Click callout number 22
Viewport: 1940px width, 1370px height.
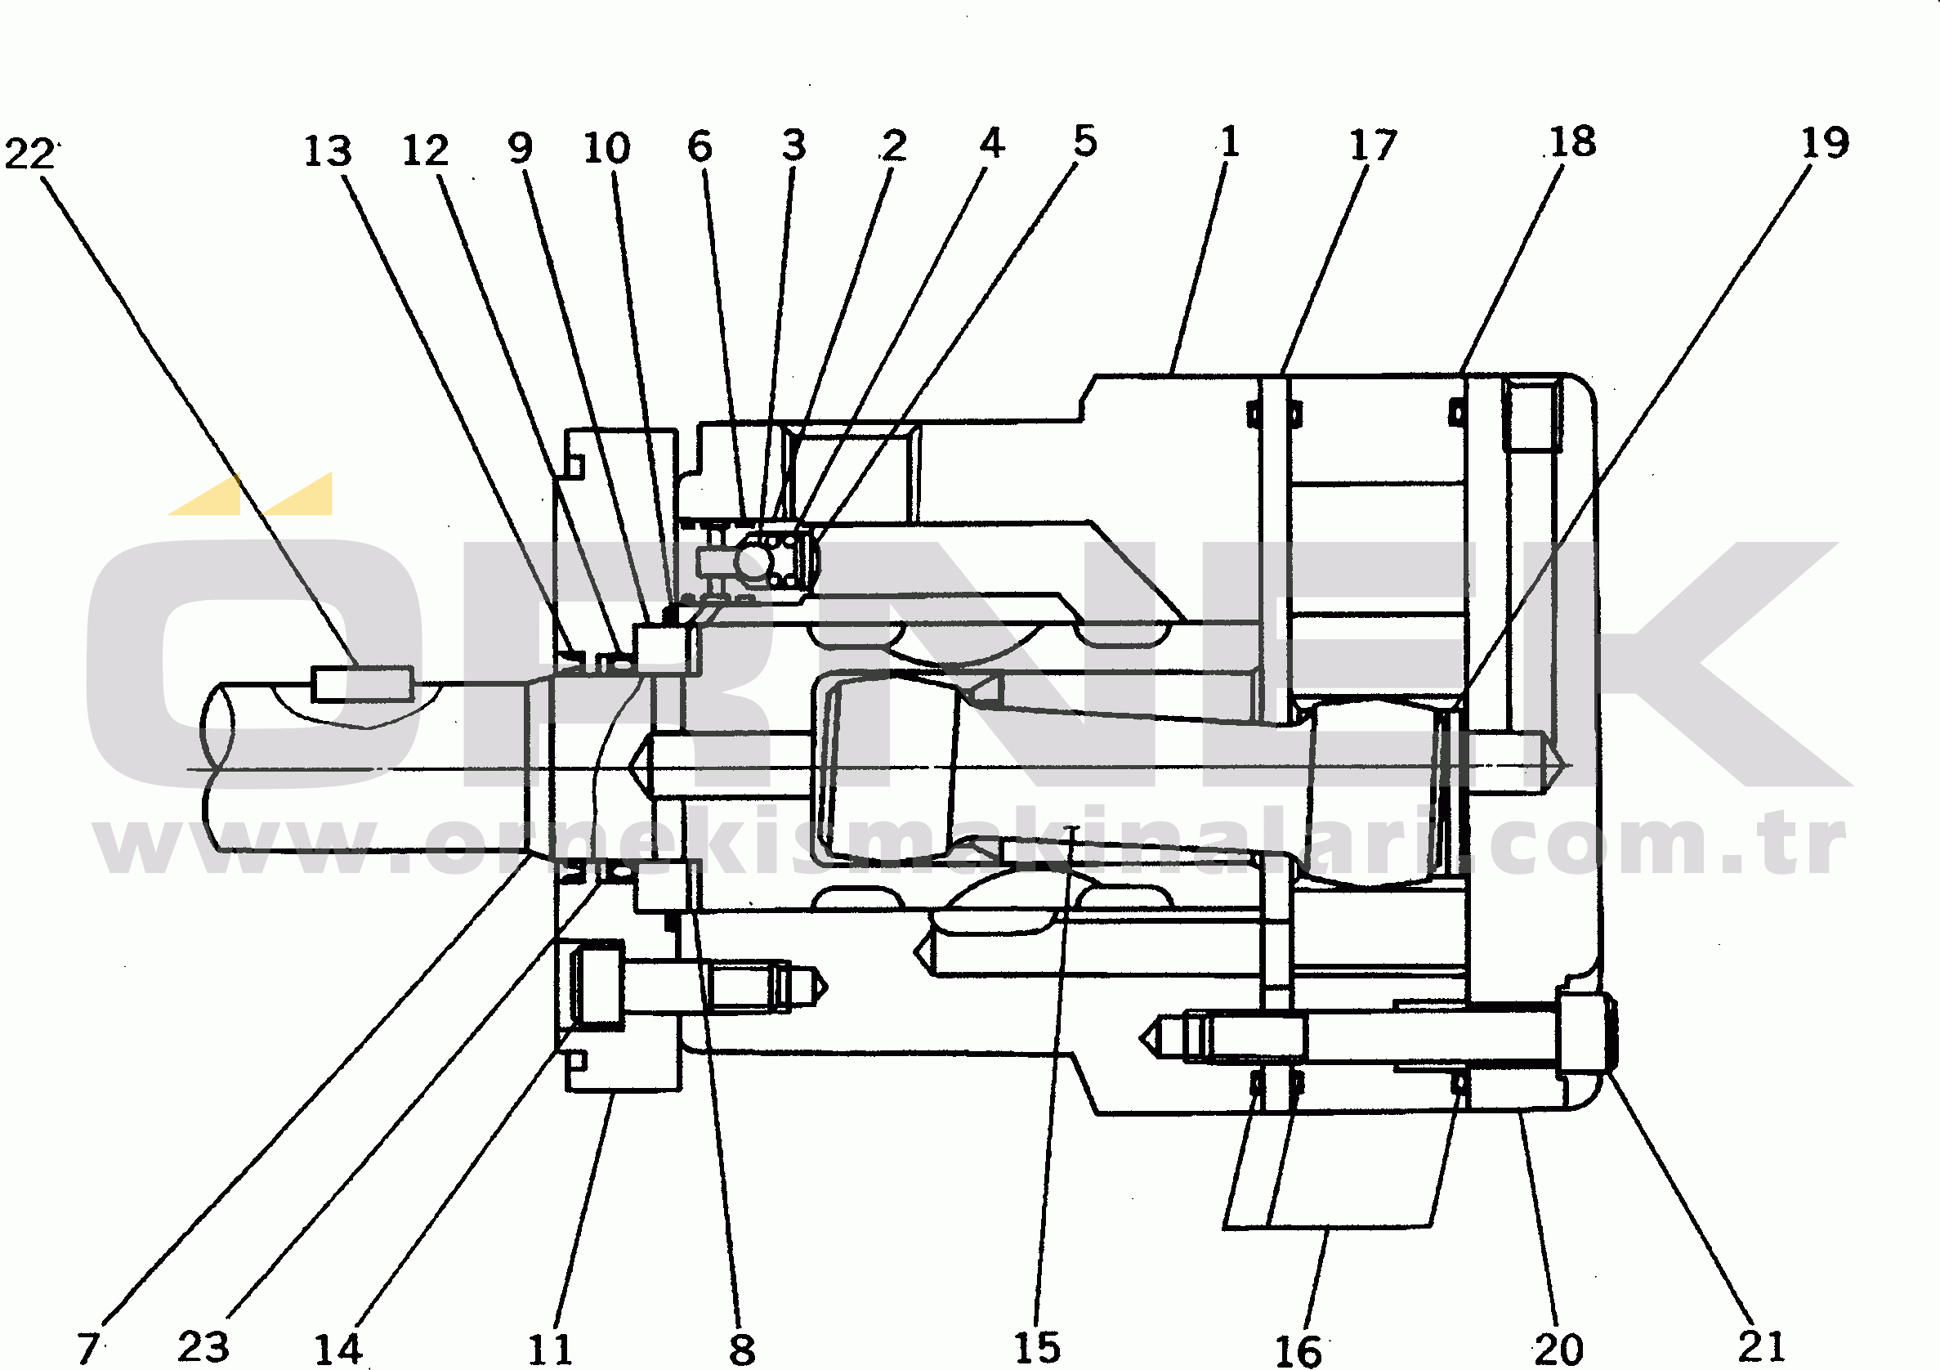pyautogui.click(x=29, y=154)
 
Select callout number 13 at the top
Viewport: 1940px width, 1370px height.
pyautogui.click(x=327, y=151)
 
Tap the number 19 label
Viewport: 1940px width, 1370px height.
pyautogui.click(x=1824, y=143)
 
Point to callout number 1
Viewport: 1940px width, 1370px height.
pyautogui.click(x=1229, y=141)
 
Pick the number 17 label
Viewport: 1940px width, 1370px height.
pyautogui.click(x=1372, y=146)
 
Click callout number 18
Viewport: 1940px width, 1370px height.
pyautogui.click(x=1571, y=142)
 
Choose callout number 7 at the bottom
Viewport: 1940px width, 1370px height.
pyautogui.click(x=88, y=1347)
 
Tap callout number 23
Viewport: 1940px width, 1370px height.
pyautogui.click(x=203, y=1345)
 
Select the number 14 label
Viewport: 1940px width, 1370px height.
pyautogui.click(x=338, y=1349)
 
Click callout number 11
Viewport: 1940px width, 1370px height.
pyautogui.click(x=550, y=1349)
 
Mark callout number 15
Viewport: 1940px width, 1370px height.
pyautogui.click(x=1037, y=1347)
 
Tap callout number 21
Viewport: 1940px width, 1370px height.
pyautogui.click(x=1762, y=1345)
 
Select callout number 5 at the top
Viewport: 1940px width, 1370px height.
pyautogui.click(x=1085, y=141)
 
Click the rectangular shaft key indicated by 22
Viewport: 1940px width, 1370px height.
pyautogui.click(x=363, y=683)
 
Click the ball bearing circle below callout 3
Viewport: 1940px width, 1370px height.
pyautogui.click(x=754, y=559)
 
